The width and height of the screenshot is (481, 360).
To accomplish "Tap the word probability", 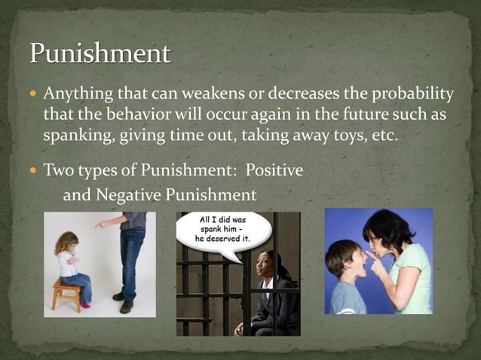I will pyautogui.click(x=406, y=94).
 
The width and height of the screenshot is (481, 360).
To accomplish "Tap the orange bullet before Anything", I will pyautogui.click(x=34, y=95).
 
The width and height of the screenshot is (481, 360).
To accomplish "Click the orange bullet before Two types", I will pyautogui.click(x=34, y=171).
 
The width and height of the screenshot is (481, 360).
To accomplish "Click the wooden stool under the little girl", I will pyautogui.click(x=66, y=293).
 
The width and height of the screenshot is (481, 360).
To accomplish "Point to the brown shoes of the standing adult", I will pyautogui.click(x=124, y=302).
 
